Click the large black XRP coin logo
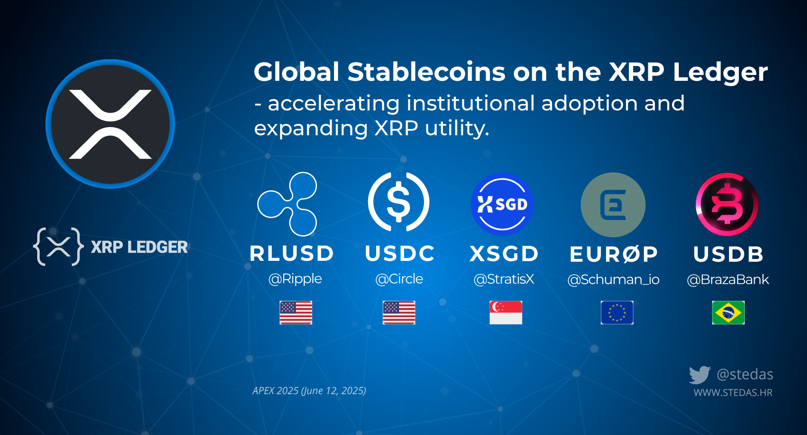110,124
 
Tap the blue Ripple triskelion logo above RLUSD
288,204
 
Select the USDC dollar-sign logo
399,202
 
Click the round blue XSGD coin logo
502,204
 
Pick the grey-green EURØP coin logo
613,205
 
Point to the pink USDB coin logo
727,204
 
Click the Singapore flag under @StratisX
506,312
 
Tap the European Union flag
617,312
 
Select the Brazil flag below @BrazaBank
728,312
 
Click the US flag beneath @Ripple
296,312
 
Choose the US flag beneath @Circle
399,312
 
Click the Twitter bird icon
699,375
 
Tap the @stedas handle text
745,374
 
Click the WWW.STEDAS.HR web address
733,393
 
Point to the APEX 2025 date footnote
309,391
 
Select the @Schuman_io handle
613,280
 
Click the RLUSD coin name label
292,254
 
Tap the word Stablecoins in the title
426,72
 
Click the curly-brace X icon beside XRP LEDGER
58,246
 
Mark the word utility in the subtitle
457,128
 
